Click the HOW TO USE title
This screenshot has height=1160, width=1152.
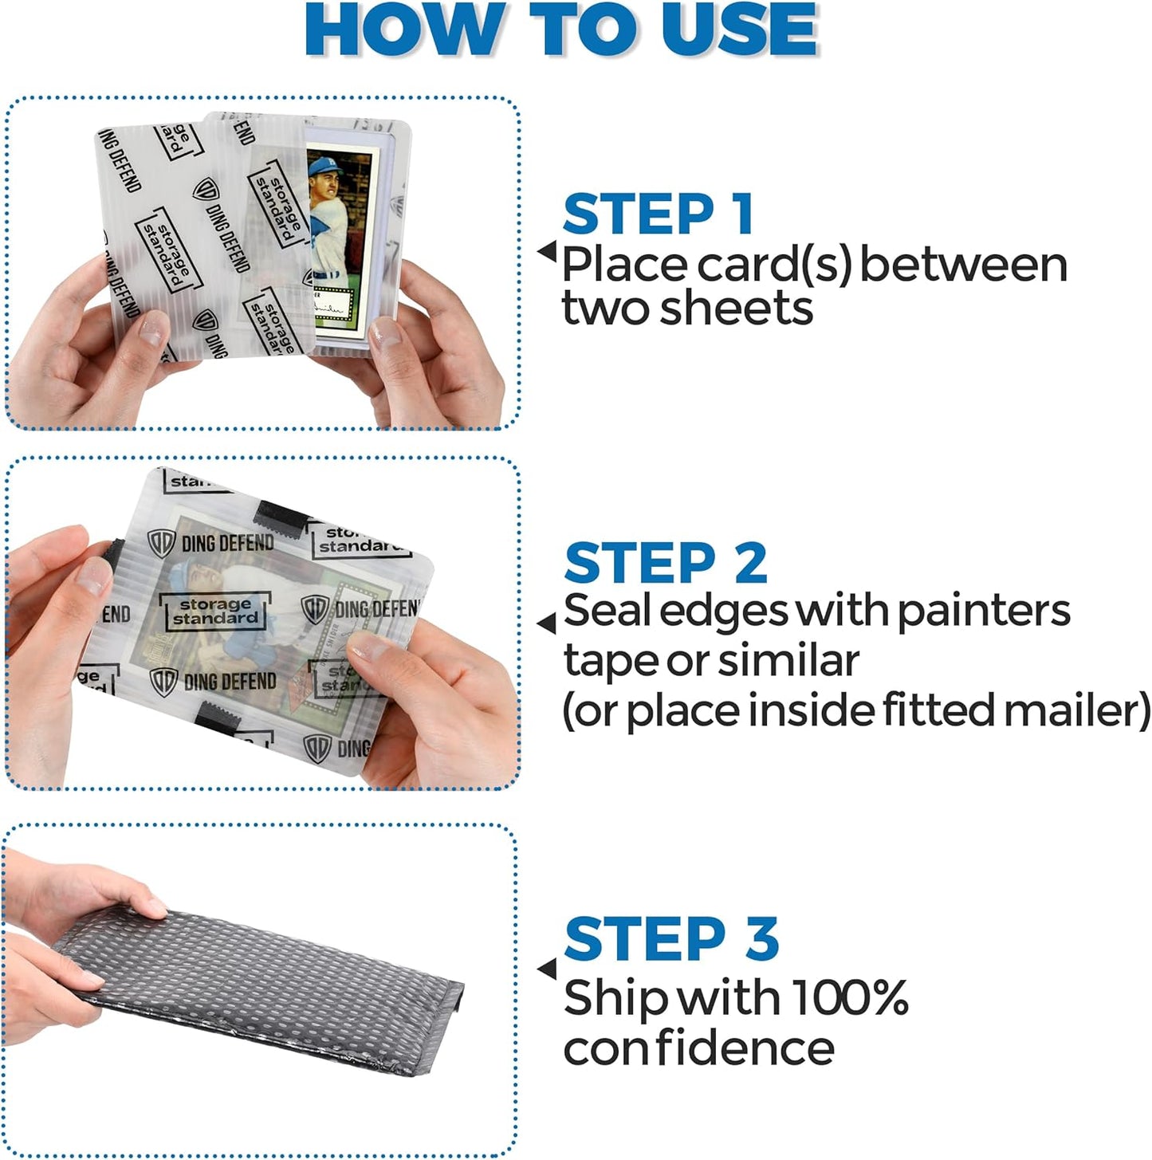(561, 30)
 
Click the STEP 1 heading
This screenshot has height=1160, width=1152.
(658, 214)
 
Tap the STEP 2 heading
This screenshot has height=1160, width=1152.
(665, 563)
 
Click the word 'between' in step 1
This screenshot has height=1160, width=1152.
(963, 265)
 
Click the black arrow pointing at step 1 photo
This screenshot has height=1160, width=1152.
(547, 252)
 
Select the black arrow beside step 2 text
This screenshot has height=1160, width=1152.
(547, 623)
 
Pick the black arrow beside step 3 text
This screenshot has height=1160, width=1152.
(547, 969)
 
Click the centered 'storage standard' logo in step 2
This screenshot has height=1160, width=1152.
(214, 611)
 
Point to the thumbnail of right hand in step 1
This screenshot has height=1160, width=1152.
(386, 331)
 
